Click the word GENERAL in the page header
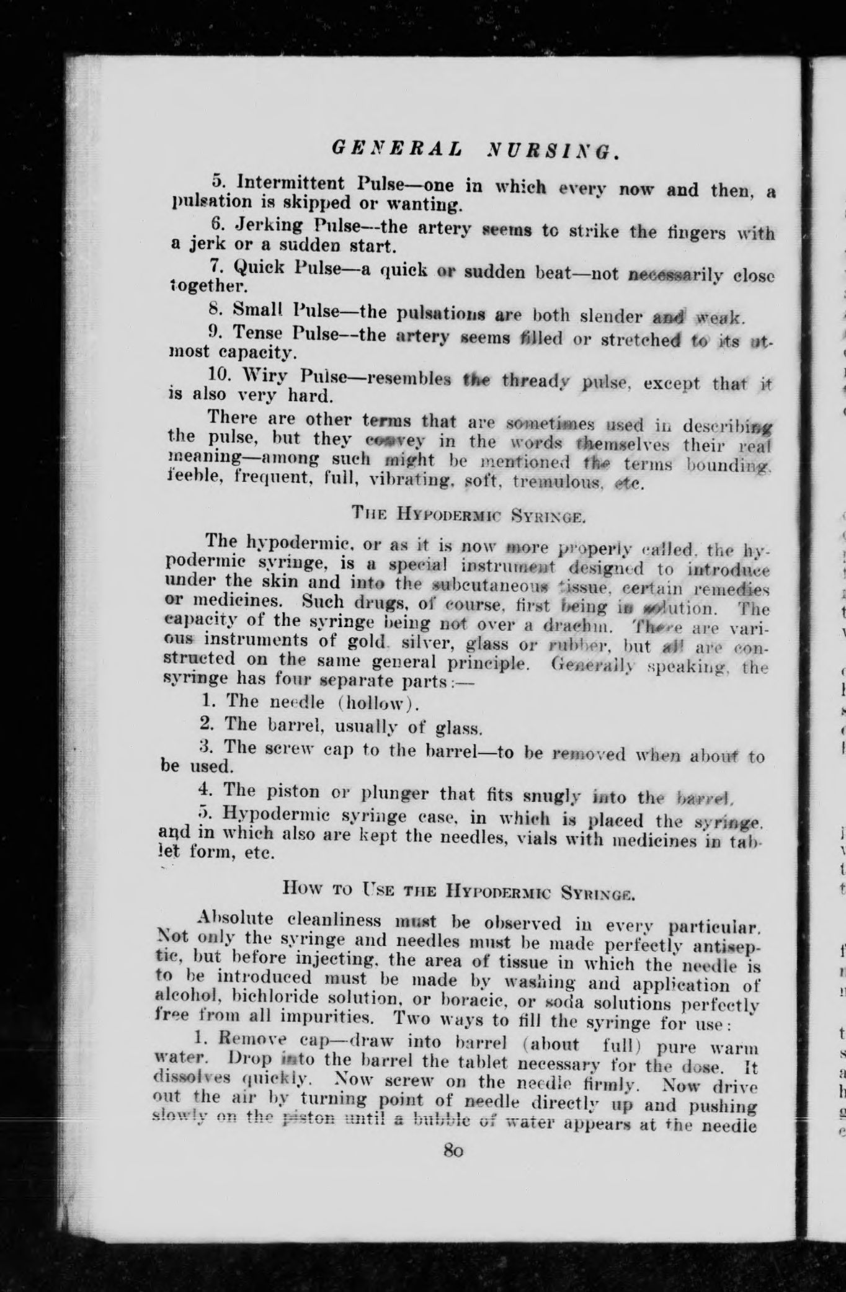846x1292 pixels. (x=396, y=148)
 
